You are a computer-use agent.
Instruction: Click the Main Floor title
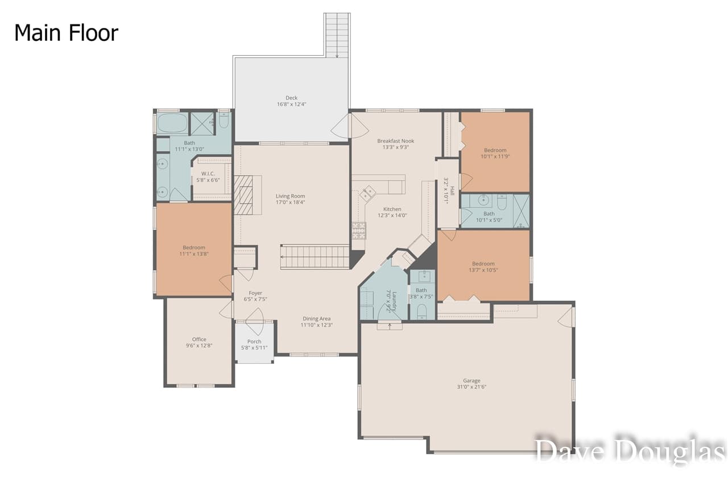(66, 33)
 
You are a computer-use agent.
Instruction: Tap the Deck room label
(291, 98)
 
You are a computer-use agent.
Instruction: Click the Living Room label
(290, 196)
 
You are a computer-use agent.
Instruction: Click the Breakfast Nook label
(396, 141)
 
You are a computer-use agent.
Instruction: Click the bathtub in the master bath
(172, 122)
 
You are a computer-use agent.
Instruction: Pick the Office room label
(199, 339)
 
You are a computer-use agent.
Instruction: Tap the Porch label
(254, 342)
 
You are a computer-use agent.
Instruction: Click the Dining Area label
(316, 319)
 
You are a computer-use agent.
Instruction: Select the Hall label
(452, 190)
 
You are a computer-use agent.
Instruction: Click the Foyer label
(255, 293)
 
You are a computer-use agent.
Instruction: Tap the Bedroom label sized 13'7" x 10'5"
(483, 264)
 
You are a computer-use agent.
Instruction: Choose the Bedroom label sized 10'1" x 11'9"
(495, 151)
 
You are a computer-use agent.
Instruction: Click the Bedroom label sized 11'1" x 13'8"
(194, 247)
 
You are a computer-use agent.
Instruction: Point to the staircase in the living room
(315, 256)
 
